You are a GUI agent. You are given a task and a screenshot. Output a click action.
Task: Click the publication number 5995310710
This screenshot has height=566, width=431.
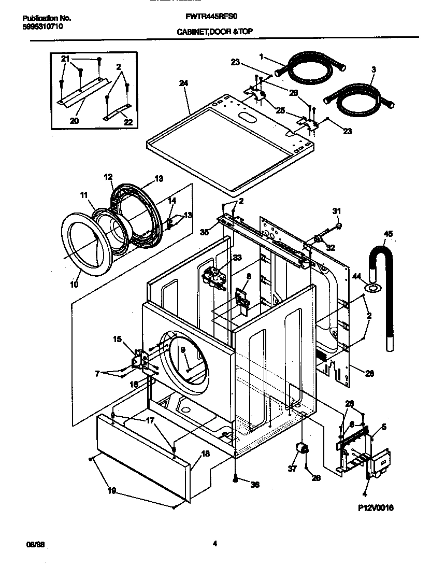43,26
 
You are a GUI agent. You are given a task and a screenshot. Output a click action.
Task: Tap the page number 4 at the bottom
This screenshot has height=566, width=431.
214,543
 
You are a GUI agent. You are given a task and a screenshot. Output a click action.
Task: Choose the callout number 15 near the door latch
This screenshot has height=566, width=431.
117,339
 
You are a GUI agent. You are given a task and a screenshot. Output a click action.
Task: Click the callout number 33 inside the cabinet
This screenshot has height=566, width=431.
237,258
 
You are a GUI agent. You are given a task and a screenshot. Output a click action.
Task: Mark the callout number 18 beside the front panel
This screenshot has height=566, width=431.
205,454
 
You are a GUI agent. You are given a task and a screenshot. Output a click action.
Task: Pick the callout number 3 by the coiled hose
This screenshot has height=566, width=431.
373,69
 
